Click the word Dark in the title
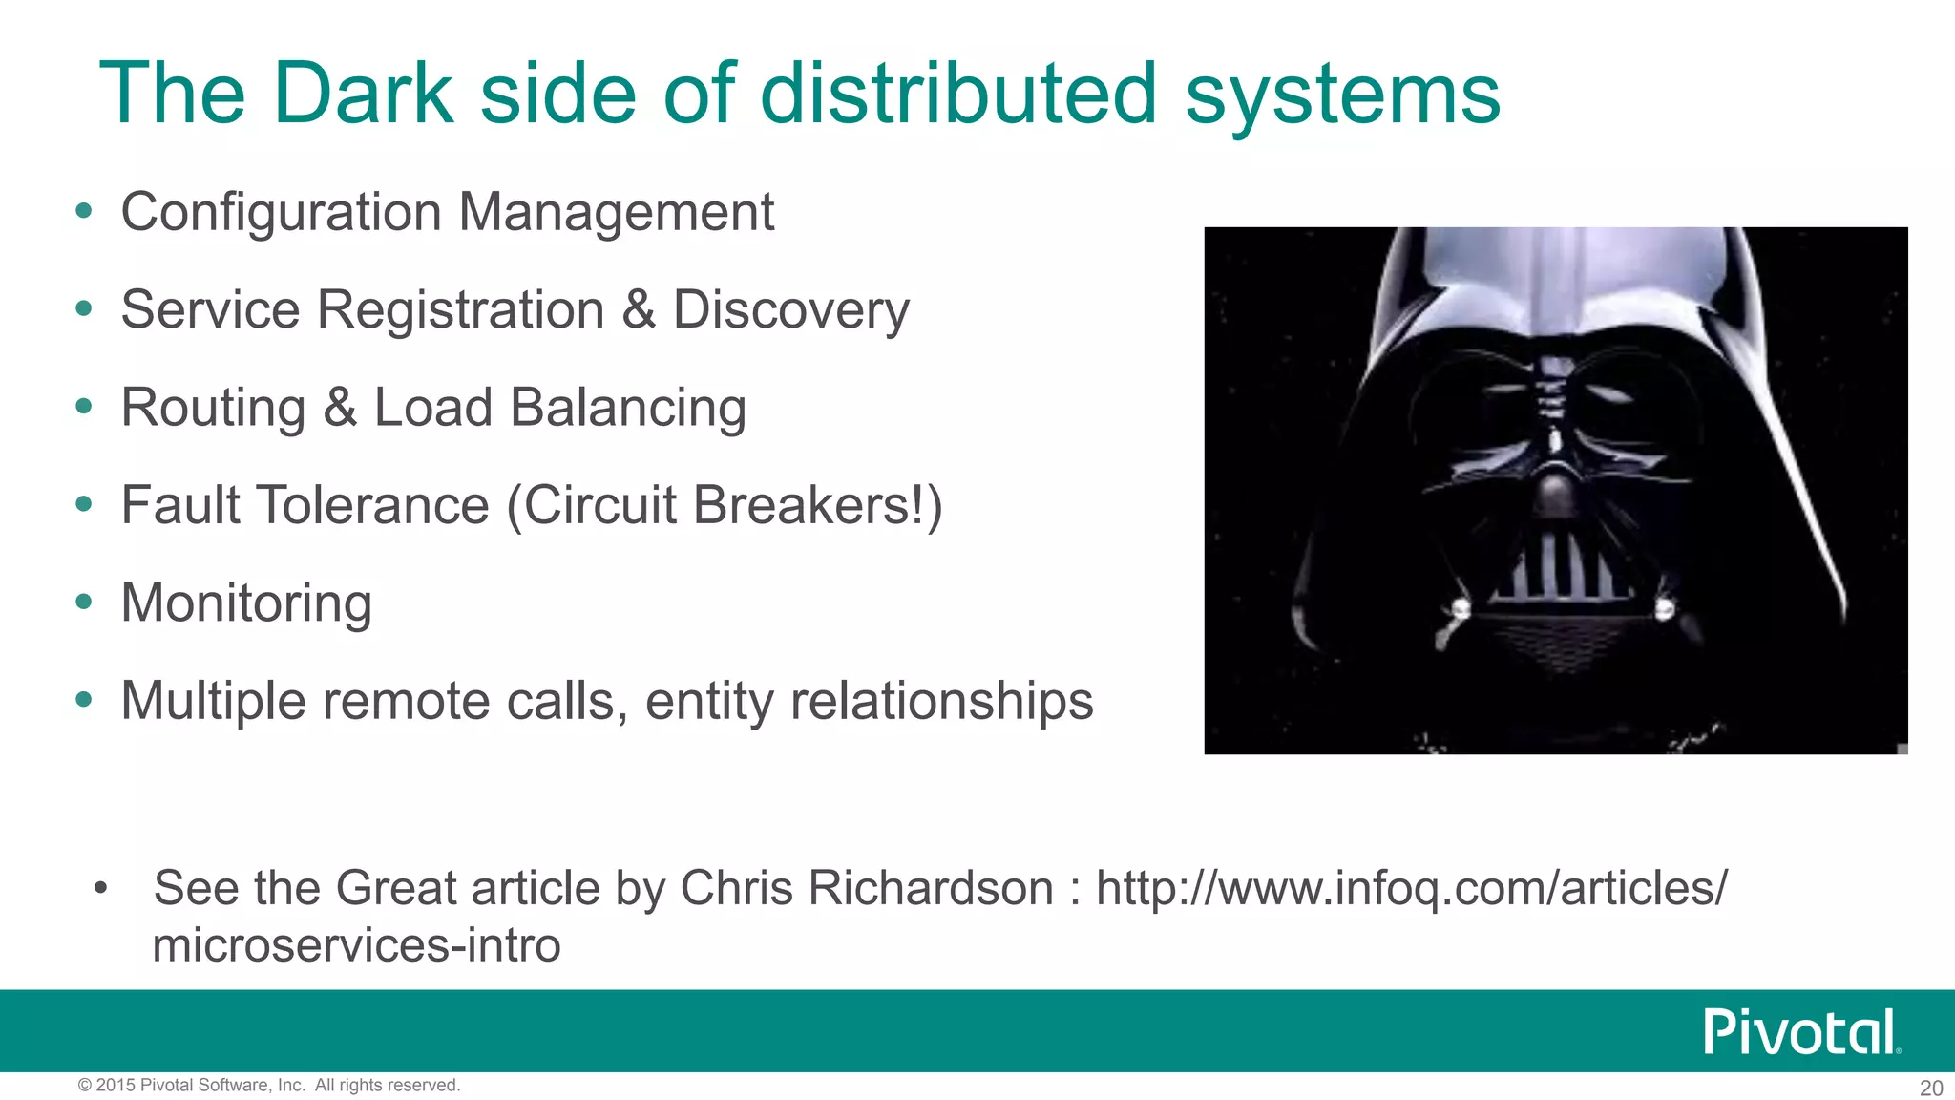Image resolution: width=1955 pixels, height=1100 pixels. coord(362,94)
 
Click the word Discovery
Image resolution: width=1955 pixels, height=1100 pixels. coord(790,310)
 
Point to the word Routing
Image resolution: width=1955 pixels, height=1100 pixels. coord(213,409)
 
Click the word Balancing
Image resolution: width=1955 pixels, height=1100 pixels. coord(627,409)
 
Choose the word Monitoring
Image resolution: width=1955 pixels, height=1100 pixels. coord(246,603)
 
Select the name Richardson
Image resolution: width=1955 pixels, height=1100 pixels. coord(931,888)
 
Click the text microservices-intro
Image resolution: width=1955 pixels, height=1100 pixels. coord(356,945)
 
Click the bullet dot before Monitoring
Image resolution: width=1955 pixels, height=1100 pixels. coord(84,602)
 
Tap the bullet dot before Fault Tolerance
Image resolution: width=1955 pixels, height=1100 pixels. coord(84,503)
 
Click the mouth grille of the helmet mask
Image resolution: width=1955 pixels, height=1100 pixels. coord(1558,570)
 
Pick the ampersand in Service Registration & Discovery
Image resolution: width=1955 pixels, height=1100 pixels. coord(639,310)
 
